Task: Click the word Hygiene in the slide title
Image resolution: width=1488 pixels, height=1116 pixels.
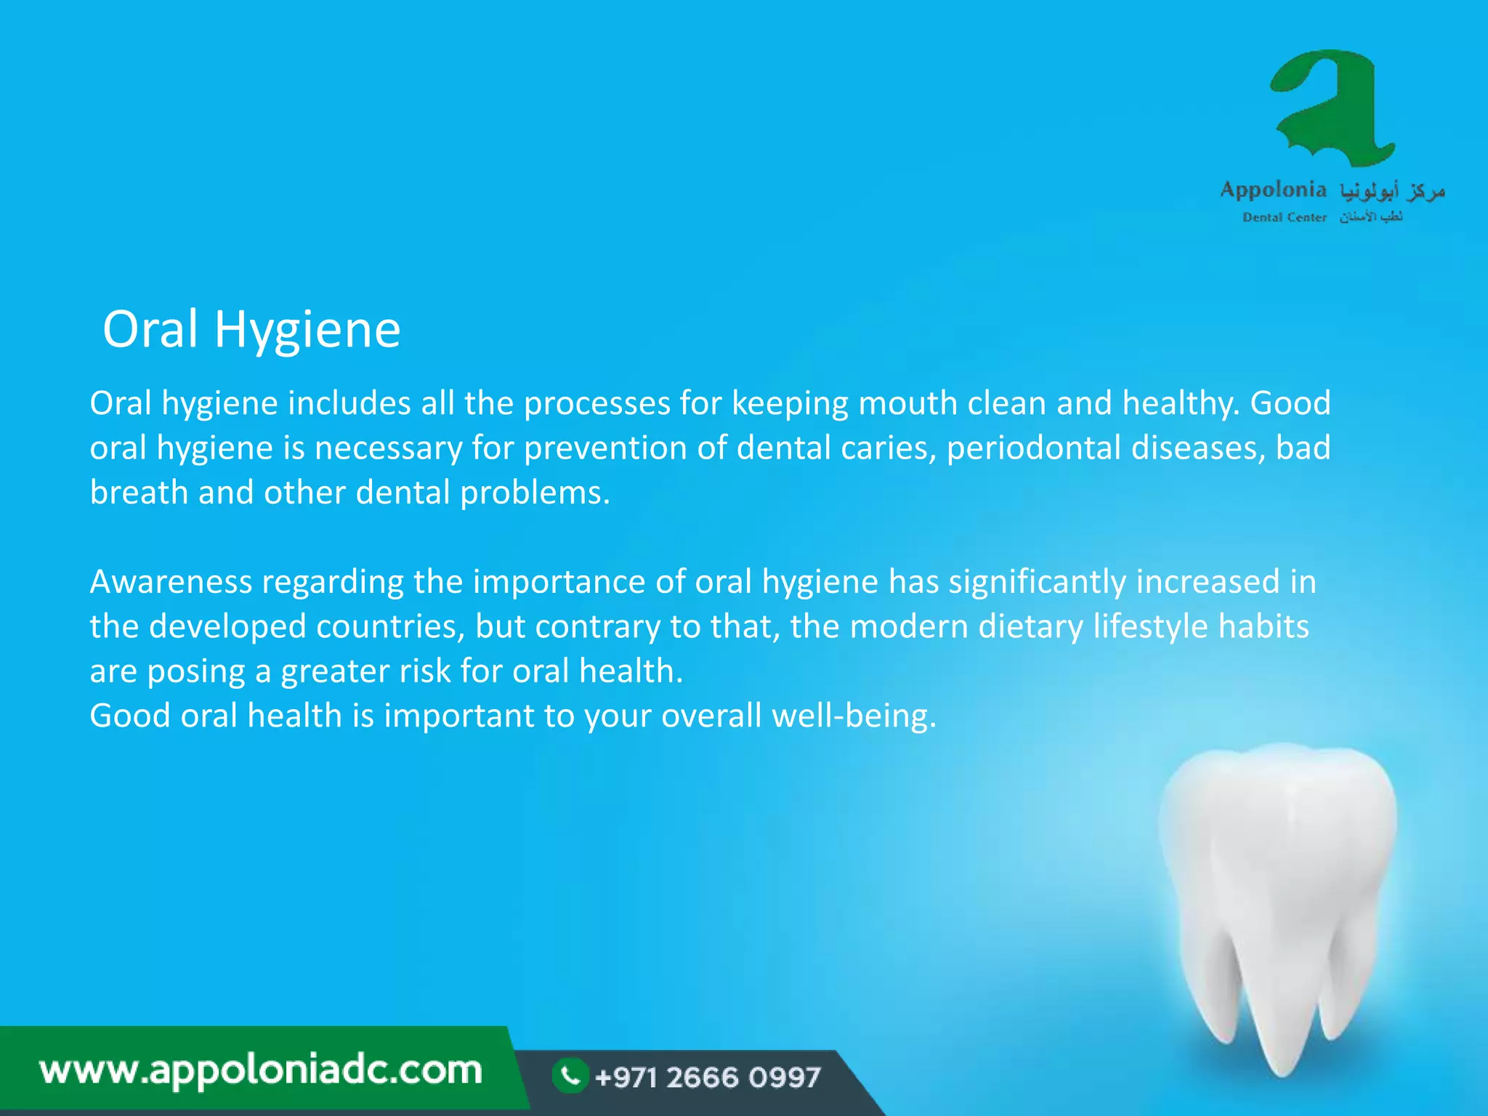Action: tap(307, 331)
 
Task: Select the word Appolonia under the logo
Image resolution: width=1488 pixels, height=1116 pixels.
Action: tap(1273, 190)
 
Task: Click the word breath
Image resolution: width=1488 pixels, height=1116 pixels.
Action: tap(139, 493)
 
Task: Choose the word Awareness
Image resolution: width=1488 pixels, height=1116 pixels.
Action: tap(170, 582)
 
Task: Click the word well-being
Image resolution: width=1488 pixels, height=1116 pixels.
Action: tap(854, 716)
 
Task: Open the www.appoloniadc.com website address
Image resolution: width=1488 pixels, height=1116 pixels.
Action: tap(262, 1071)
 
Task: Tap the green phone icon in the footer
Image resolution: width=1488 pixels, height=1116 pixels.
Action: tap(570, 1076)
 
